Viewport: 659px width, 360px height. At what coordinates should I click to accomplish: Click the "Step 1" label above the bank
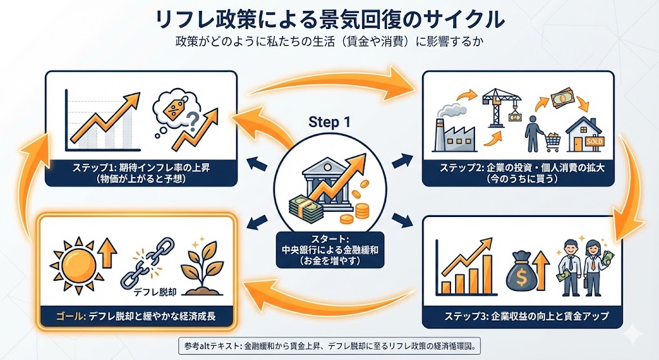click(329, 122)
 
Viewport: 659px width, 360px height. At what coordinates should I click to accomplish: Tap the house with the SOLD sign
click(582, 133)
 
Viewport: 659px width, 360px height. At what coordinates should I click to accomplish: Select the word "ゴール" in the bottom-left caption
click(53, 316)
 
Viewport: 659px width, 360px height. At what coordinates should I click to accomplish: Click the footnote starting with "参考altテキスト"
click(329, 346)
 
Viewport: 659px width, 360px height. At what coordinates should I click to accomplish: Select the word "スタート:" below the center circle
click(329, 239)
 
